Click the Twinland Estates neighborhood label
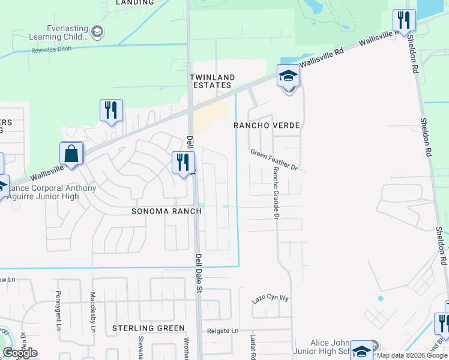click(210, 81)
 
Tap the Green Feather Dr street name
click(274, 159)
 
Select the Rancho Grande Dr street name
click(276, 192)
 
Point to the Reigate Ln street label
click(223, 331)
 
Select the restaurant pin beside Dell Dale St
click(183, 162)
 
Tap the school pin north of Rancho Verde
click(288, 76)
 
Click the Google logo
click(20, 353)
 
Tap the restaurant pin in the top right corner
click(404, 20)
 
